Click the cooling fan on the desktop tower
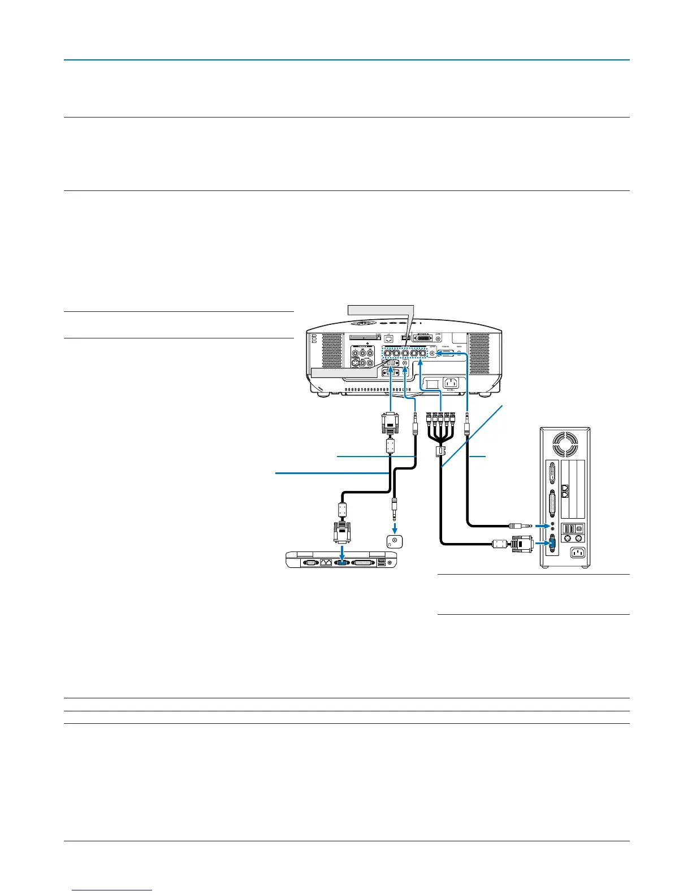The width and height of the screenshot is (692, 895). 565,445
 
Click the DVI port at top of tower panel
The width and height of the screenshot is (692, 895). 552,473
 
